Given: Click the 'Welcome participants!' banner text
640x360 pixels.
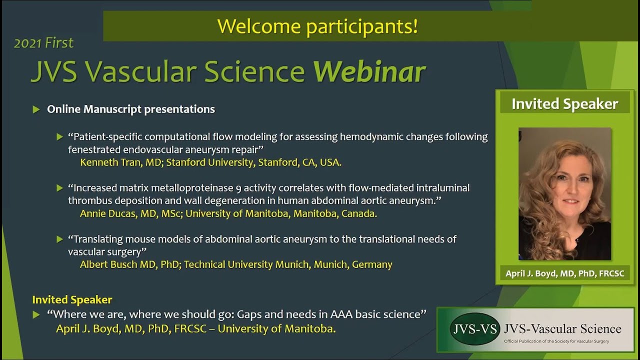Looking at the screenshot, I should click(317, 26).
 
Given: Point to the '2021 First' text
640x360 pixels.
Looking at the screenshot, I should click(43, 43).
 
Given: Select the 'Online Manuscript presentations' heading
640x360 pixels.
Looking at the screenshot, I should click(131, 109).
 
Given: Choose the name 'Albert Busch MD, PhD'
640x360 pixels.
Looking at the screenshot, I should click(129, 264).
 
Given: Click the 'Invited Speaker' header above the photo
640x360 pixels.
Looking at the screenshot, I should click(564, 104).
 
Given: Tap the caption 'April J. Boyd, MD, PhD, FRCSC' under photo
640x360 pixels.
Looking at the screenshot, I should click(564, 273).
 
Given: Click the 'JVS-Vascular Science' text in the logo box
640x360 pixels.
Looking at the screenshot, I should click(562, 328).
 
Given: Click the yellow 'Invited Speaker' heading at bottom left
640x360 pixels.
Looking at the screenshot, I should click(72, 299).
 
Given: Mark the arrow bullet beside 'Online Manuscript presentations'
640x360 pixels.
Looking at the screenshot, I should click(36, 109).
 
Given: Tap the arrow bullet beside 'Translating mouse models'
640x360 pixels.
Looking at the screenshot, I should click(60, 239).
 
